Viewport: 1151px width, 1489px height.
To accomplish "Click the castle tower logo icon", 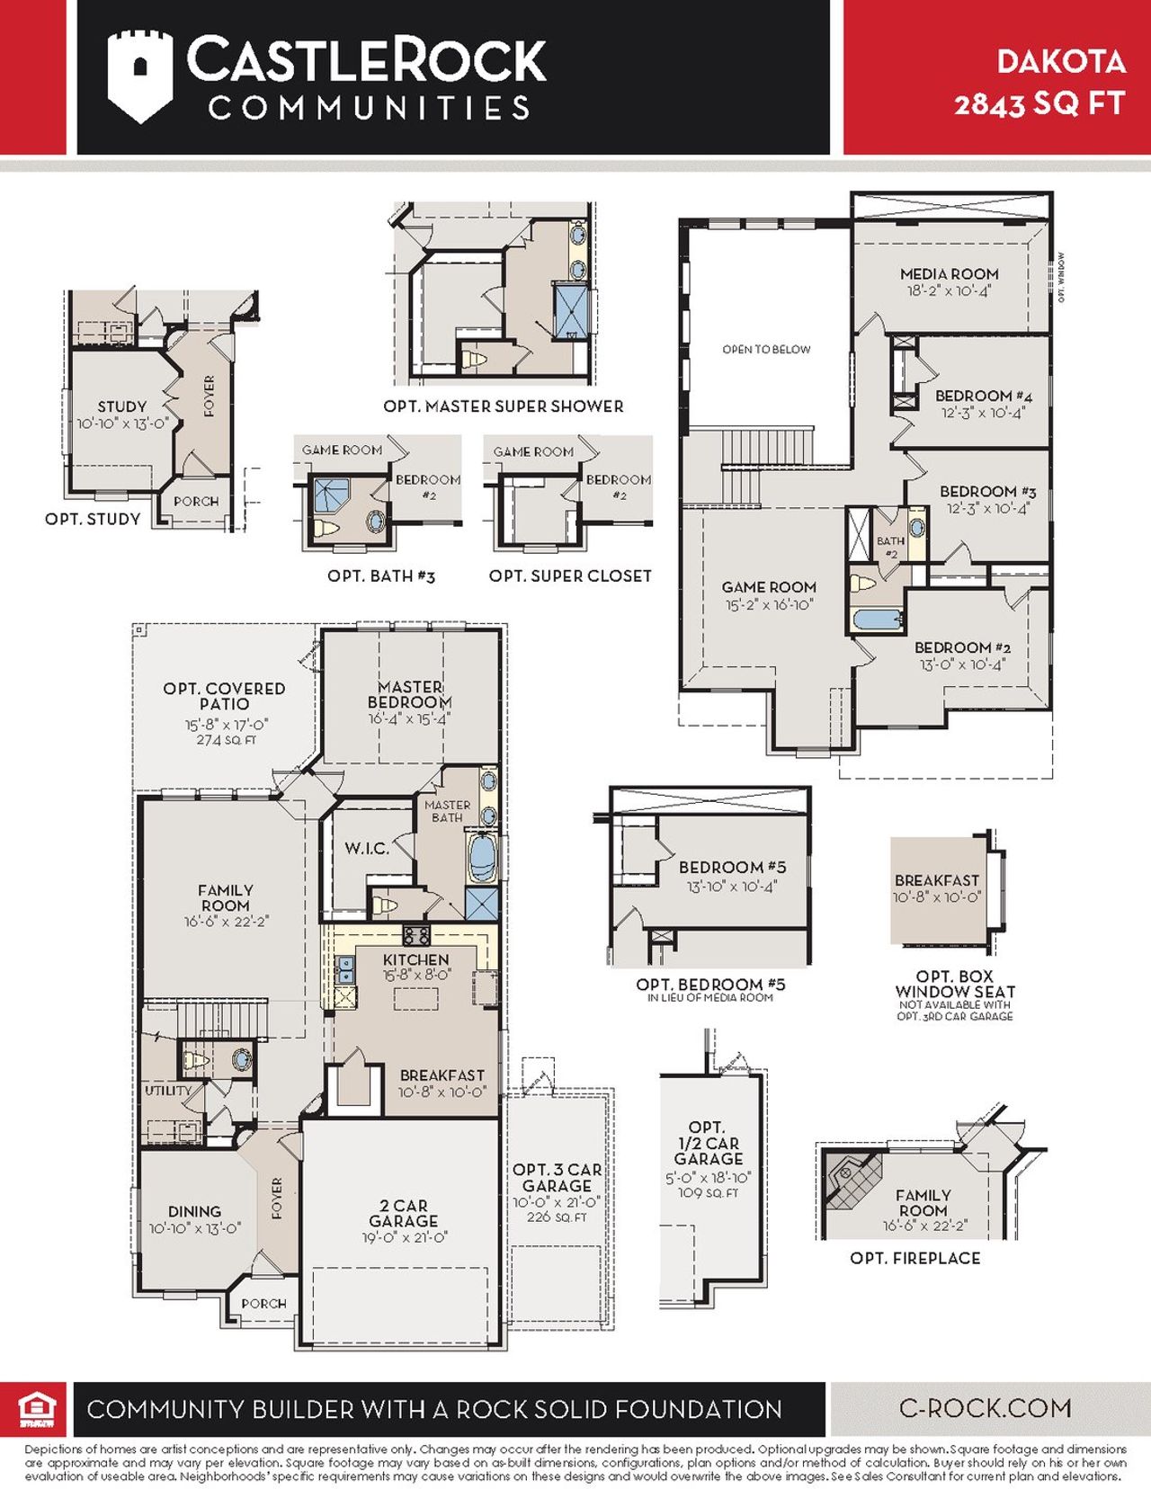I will [x=139, y=76].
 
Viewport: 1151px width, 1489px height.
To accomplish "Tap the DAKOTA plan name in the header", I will [x=1061, y=61].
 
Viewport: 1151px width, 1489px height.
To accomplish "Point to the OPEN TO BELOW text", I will [x=766, y=349].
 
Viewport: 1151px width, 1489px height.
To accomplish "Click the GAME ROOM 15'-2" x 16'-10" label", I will [x=769, y=595].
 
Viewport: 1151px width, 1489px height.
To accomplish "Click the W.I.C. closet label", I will [x=366, y=848].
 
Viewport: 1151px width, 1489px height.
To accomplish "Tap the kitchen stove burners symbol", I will [x=416, y=935].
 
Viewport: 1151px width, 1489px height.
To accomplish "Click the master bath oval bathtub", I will [x=482, y=857].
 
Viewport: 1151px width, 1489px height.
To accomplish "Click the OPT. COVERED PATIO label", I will [x=225, y=696].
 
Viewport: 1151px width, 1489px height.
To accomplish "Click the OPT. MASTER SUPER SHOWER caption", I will [x=503, y=406].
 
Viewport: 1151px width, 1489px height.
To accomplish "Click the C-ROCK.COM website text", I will [x=985, y=1408].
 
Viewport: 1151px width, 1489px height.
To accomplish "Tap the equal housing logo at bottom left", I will [x=37, y=1409].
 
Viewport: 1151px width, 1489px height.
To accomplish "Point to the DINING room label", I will [x=194, y=1212].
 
